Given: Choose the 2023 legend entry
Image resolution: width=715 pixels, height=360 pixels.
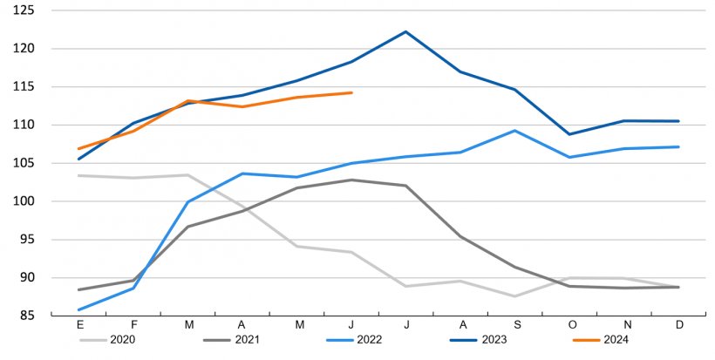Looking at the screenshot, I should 487,340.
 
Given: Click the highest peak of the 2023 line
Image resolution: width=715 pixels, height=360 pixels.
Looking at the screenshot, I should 406,31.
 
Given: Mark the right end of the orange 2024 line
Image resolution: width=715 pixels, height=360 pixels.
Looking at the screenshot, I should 351,92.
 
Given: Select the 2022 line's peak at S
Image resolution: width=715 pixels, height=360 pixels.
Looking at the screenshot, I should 515,131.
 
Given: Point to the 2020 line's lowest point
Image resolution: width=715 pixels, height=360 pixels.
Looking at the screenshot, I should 515,296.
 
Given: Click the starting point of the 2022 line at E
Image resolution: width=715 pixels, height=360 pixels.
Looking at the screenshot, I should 80,309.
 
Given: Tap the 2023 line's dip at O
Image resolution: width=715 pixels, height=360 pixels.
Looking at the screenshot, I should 569,134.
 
